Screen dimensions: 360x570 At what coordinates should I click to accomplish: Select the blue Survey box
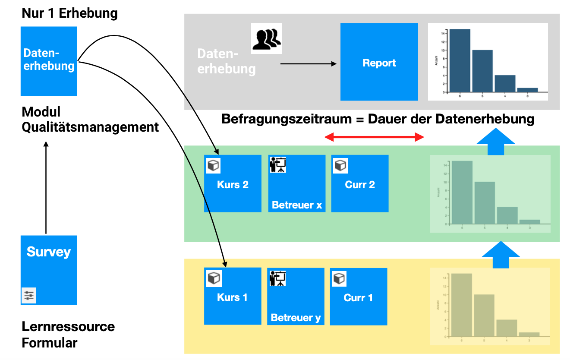[49, 269]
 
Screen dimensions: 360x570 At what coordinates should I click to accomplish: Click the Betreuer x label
[297, 205]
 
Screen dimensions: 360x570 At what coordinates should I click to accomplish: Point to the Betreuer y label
[296, 318]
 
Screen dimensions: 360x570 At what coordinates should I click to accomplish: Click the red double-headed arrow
[374, 138]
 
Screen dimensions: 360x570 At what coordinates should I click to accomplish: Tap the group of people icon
[267, 39]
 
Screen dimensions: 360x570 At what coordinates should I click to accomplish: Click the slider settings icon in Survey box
[29, 296]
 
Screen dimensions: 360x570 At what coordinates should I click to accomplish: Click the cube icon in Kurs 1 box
[214, 278]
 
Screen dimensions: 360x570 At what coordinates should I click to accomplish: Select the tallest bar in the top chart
[460, 60]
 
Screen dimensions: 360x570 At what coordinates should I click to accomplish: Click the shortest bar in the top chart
[527, 90]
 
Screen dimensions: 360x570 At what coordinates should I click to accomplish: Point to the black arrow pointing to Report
[308, 64]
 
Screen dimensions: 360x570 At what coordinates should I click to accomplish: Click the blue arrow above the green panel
[496, 142]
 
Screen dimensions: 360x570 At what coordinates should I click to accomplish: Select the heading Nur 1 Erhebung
[69, 13]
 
